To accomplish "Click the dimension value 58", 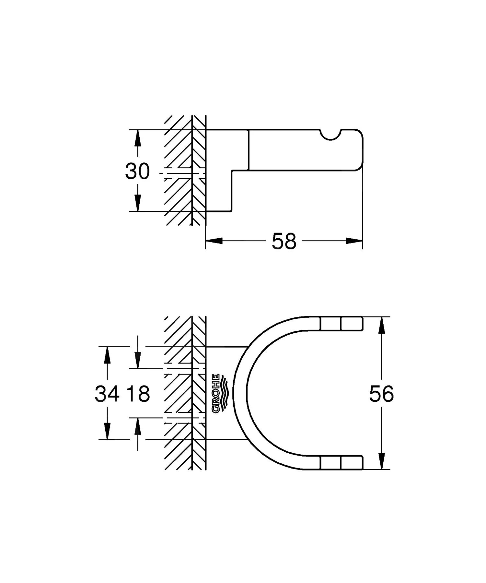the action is [x=284, y=241].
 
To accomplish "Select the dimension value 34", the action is [x=107, y=394].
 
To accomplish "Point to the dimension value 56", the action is [x=381, y=394].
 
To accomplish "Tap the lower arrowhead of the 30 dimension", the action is [x=138, y=204].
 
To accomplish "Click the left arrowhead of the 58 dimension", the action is [x=214, y=241].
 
